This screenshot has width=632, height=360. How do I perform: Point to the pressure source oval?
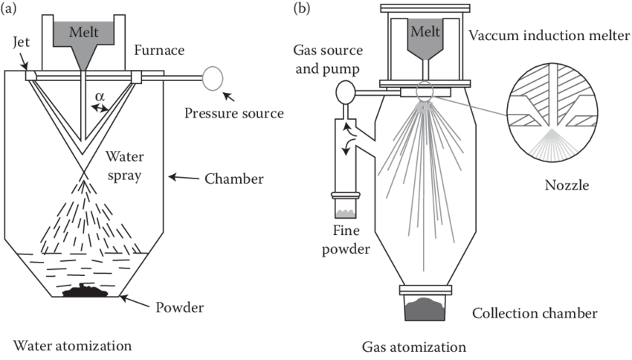[x=213, y=77]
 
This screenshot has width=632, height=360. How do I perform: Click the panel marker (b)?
[x=303, y=8]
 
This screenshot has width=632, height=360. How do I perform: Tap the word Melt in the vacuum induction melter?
[x=423, y=33]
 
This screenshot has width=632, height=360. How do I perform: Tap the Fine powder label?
[x=348, y=240]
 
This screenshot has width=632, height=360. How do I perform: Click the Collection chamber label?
[x=535, y=313]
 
